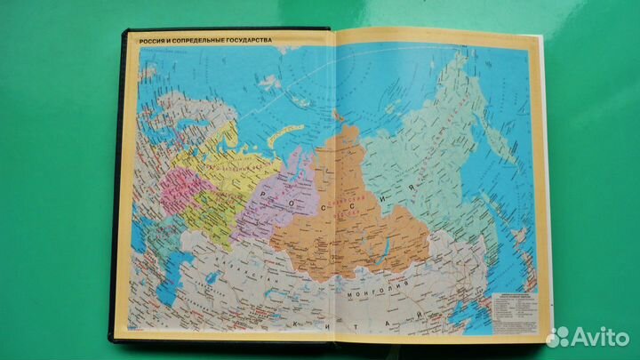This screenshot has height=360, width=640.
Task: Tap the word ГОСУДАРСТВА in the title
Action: coord(241,41)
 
